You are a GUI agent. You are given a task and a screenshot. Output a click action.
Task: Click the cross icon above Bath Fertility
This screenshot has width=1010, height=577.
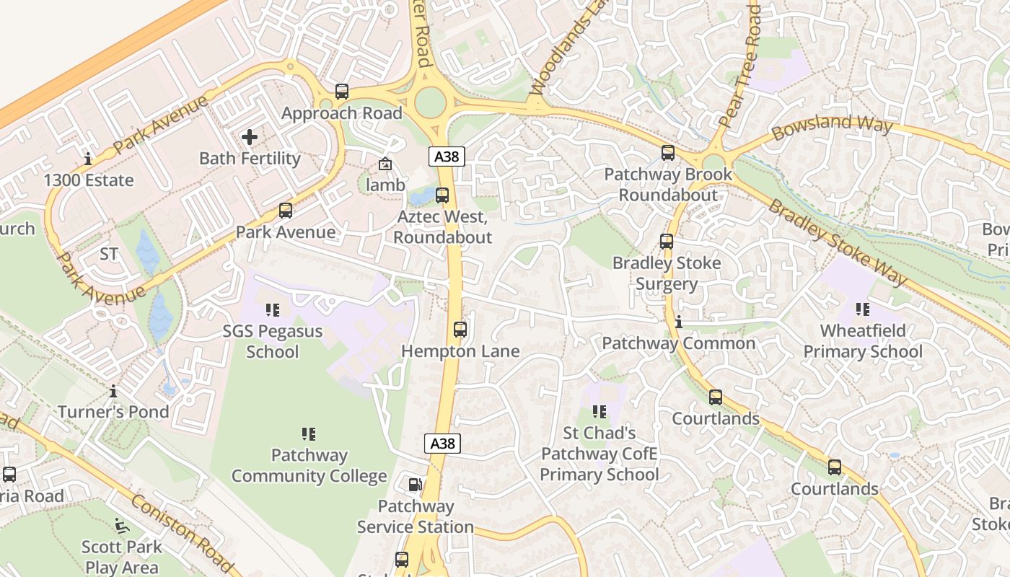pyautogui.click(x=250, y=137)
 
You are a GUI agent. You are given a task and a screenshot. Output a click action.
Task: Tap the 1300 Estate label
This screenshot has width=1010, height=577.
pyautogui.click(x=89, y=180)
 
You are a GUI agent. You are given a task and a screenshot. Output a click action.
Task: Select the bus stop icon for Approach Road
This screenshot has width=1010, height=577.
pyautogui.click(x=342, y=92)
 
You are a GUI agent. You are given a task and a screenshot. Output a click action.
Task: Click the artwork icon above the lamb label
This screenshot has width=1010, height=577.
pyautogui.click(x=385, y=164)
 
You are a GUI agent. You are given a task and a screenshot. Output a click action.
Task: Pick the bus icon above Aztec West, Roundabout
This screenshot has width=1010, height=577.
pyautogui.click(x=442, y=195)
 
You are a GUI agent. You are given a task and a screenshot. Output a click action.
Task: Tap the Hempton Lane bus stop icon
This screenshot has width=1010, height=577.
pyautogui.click(x=460, y=330)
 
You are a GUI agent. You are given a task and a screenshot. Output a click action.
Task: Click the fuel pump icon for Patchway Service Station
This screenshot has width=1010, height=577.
pyautogui.click(x=416, y=485)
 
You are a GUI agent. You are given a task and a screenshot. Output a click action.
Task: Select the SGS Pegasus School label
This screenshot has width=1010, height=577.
pyautogui.click(x=272, y=342)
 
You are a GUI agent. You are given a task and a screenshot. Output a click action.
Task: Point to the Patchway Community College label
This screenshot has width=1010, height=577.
pyautogui.click(x=309, y=466)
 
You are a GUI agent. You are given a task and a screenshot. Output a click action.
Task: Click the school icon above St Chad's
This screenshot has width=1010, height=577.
pyautogui.click(x=600, y=412)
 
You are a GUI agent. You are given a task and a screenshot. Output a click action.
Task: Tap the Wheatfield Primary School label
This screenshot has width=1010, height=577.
pyautogui.click(x=863, y=341)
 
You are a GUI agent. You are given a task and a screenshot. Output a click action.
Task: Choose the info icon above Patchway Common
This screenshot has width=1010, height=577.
pyautogui.click(x=679, y=322)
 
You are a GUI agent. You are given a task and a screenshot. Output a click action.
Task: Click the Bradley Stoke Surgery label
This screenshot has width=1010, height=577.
pyautogui.click(x=667, y=273)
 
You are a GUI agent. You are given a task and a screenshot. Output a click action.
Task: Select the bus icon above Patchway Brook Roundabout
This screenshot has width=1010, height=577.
pyautogui.click(x=668, y=153)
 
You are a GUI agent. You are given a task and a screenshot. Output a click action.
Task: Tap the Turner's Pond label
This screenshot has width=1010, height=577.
pyautogui.click(x=113, y=412)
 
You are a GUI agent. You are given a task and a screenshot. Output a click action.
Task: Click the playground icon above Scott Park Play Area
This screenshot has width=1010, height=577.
pyautogui.click(x=122, y=526)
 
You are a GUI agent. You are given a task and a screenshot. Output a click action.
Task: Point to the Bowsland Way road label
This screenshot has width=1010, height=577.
pyautogui.click(x=832, y=128)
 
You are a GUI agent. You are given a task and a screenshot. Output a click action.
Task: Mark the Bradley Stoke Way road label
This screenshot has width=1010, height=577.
pyautogui.click(x=837, y=242)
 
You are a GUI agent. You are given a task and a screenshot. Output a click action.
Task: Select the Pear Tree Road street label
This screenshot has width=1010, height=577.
pyautogui.click(x=741, y=65)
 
